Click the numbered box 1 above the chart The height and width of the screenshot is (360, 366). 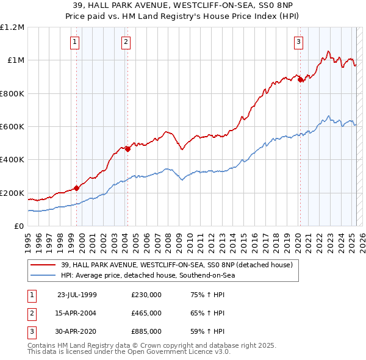(x=74, y=42)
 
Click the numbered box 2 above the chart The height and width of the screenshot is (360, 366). (x=125, y=42)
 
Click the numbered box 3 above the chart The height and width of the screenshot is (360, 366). (x=298, y=42)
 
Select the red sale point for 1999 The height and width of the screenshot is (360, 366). (x=77, y=188)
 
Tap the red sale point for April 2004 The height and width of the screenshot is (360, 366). (x=127, y=149)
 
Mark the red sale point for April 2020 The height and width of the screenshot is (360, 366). (x=301, y=79)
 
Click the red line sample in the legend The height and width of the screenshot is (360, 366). (x=42, y=265)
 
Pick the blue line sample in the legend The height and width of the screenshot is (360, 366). (x=42, y=275)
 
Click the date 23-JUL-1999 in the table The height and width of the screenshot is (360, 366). (x=77, y=295)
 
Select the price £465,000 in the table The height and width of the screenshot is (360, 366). (x=146, y=313)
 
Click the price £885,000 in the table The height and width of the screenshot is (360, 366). (x=146, y=331)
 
